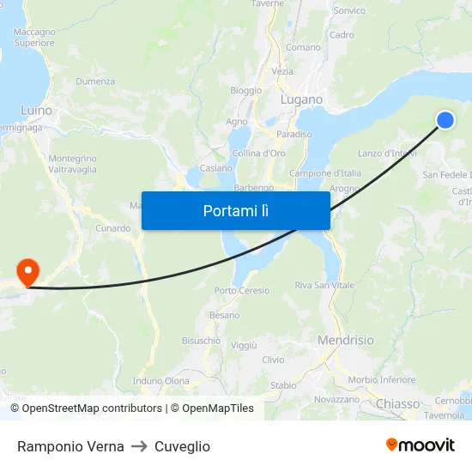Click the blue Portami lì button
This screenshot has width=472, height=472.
point(235,210)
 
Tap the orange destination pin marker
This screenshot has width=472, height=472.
point(28,272)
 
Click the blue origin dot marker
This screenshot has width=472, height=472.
point(445,120)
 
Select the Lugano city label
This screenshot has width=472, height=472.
point(301,100)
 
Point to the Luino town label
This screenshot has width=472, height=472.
point(36,111)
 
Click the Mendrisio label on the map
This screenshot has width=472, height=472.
point(345,341)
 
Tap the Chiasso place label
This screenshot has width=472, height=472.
point(397,403)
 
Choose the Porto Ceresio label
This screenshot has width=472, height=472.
point(241,291)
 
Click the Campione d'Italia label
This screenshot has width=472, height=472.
point(325,173)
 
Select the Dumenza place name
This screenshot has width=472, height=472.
point(95,82)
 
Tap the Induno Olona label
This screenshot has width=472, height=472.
point(161,381)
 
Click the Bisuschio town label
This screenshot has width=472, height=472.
point(201,341)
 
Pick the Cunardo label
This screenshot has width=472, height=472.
point(112,228)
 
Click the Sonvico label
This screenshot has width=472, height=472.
point(348,11)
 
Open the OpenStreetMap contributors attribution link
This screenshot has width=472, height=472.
point(92,408)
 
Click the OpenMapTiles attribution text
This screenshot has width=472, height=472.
point(217,408)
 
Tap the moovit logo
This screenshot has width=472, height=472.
point(420,445)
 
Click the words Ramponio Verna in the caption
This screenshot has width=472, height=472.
point(70,446)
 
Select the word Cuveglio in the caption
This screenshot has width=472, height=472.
point(182,446)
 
